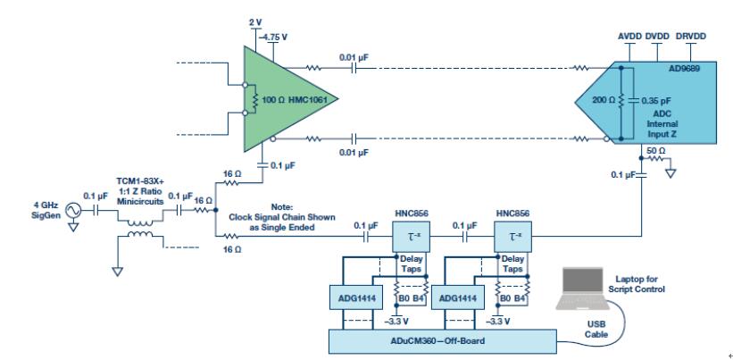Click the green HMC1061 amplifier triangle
point(280,98)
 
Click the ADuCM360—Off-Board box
point(443,341)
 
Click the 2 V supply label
point(255,23)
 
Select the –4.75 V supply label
point(274,37)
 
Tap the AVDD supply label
point(629,37)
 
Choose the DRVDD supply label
point(691,37)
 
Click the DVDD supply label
point(657,37)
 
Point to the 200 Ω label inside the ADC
point(603,100)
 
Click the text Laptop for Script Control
point(637,284)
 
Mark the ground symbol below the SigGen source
point(73,227)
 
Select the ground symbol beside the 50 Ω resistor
point(671,173)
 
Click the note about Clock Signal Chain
point(281,217)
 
